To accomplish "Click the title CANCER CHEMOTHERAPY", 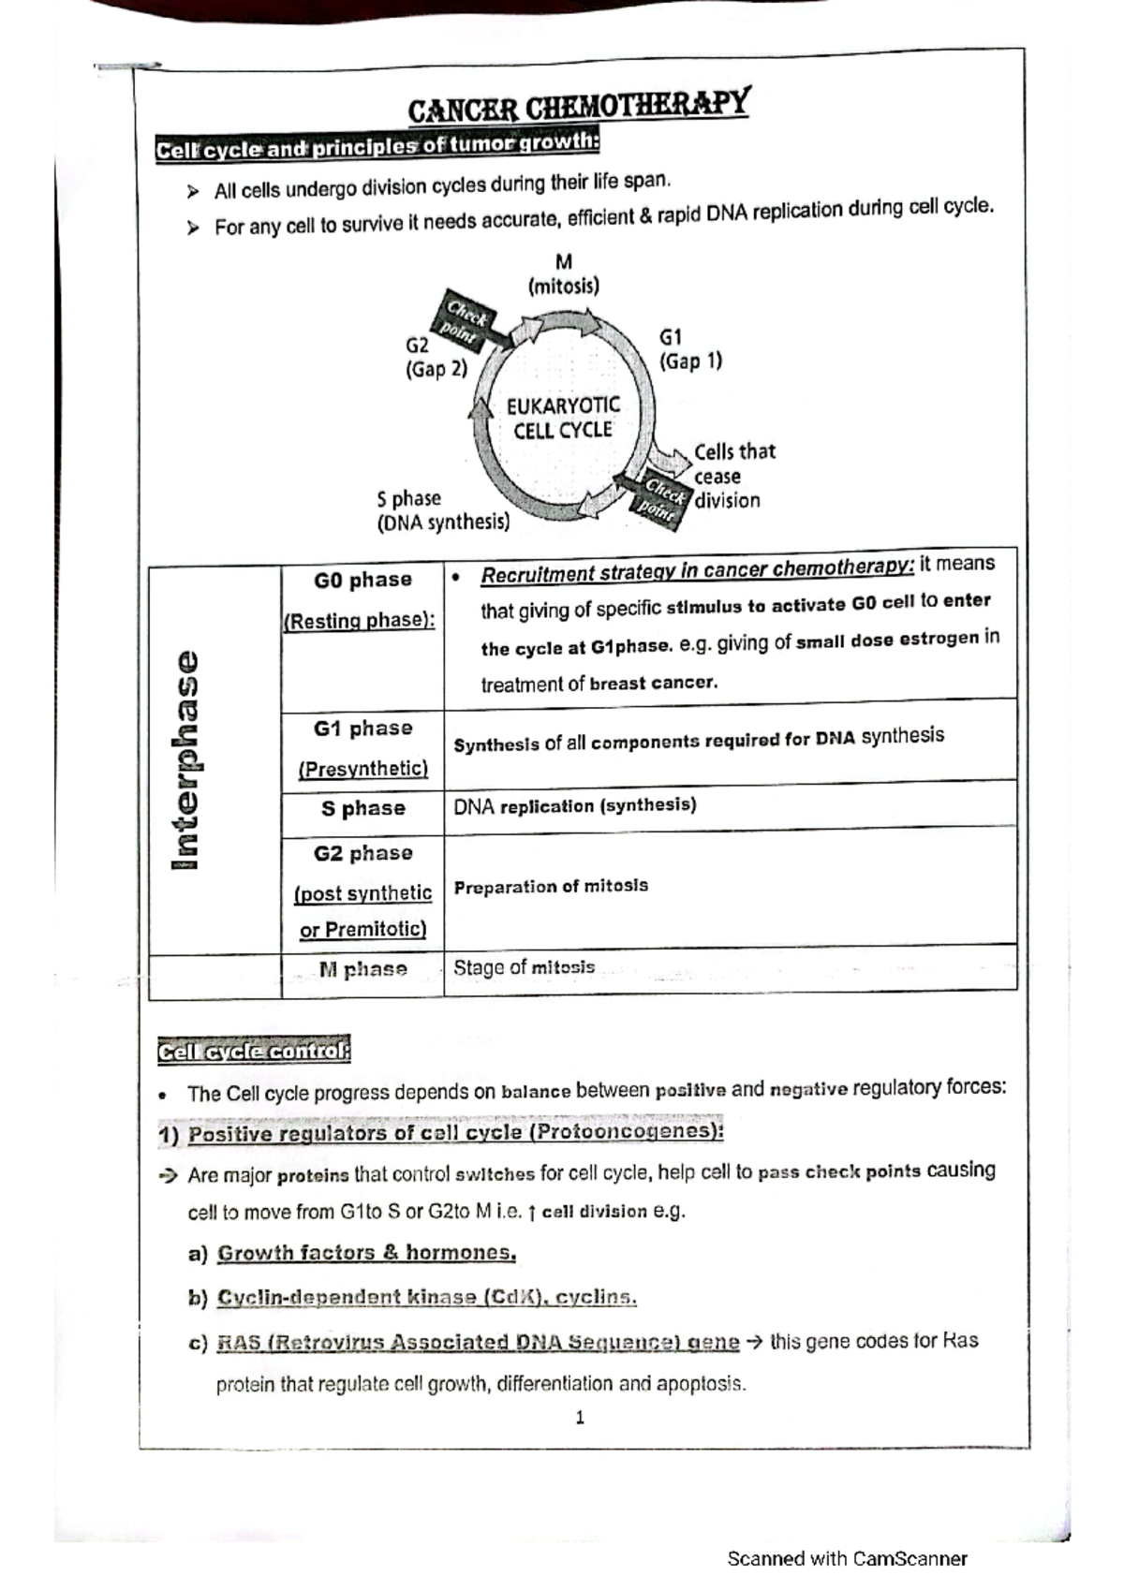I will coord(578,106).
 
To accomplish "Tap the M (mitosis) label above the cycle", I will coord(563,274).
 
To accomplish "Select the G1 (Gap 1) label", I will coord(690,348).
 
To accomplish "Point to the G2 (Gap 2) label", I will coord(435,358).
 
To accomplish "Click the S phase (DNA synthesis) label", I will coord(442,510).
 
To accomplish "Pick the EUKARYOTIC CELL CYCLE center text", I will coord(563,418).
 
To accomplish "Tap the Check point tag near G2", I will coord(465,320).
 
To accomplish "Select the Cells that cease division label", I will coord(732,476).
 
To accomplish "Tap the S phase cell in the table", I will coord(362,808).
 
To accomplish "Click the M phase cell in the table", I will coord(362,969).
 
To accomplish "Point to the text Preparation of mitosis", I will coord(551,886).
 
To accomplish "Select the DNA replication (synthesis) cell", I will coord(574,805).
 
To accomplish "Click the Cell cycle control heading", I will coord(254,1052).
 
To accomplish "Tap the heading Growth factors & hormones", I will coord(366,1253).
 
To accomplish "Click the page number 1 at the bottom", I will coord(580,1418).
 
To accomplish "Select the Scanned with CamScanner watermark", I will coord(847,1559).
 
